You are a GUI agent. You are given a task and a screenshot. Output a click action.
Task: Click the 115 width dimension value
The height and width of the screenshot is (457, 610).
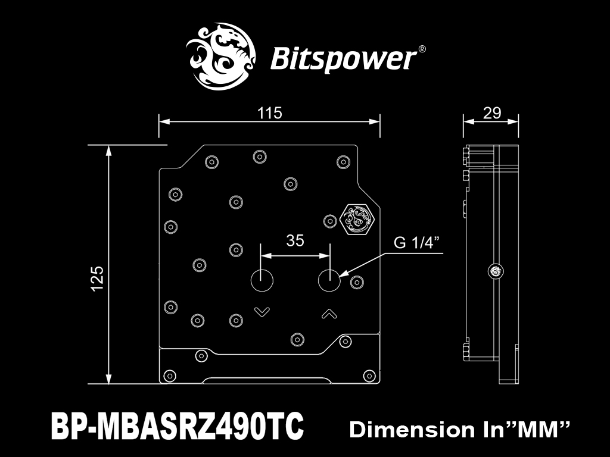(269, 113)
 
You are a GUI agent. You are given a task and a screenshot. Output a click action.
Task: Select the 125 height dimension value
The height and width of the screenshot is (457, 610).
(97, 278)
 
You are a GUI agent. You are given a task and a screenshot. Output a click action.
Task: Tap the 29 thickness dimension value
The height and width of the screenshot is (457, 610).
(491, 113)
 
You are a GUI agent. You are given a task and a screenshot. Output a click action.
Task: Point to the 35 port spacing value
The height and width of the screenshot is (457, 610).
(295, 240)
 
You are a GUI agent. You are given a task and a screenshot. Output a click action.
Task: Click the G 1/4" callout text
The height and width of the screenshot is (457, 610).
(416, 243)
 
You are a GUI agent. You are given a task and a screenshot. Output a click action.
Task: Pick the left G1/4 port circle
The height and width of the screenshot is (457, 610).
(262, 280)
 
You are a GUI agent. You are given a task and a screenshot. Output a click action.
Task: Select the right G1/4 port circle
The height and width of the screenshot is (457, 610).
(329, 280)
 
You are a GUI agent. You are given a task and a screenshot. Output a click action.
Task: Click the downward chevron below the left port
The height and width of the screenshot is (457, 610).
(262, 312)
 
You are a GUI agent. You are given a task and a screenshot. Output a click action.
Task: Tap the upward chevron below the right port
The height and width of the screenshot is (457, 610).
(329, 313)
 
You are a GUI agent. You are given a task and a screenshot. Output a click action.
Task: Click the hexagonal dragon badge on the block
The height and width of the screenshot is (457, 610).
(357, 219)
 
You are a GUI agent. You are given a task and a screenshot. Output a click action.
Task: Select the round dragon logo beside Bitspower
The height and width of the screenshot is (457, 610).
(221, 57)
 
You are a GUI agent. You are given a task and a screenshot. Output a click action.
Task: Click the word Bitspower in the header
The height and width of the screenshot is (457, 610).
(343, 59)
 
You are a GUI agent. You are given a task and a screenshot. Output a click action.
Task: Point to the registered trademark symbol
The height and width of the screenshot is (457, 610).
(422, 49)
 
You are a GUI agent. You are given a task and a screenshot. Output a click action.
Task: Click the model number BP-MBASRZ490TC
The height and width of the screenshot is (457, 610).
(178, 425)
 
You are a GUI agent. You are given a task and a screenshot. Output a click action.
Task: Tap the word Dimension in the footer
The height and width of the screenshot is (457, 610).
(412, 430)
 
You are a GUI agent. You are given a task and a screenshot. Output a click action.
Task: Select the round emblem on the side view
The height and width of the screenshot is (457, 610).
(496, 271)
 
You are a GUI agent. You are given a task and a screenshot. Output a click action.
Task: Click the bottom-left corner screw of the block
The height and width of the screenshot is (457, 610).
(170, 376)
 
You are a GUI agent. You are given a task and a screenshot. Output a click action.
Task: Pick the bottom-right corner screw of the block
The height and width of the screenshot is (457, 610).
(369, 376)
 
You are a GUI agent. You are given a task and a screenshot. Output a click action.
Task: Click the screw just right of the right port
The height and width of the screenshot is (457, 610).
(357, 282)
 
